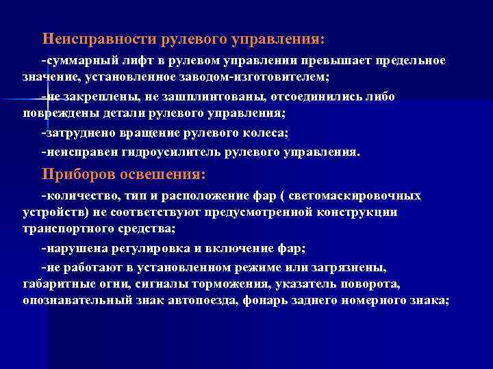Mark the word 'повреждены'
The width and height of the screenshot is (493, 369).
point(56,113)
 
